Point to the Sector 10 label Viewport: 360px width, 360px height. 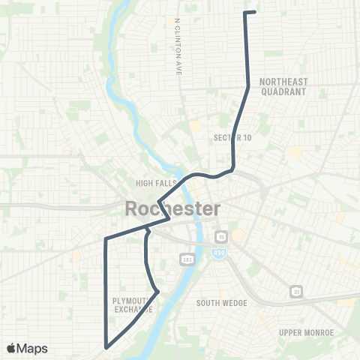click(x=232, y=137)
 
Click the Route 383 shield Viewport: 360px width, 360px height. click(x=186, y=259)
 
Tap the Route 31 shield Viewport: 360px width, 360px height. click(x=296, y=291)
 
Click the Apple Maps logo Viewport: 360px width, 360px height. click(x=28, y=348)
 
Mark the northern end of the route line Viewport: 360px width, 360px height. click(x=256, y=12)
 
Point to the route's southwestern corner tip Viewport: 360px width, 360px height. click(x=106, y=347)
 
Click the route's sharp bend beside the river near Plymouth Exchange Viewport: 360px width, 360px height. click(x=157, y=291)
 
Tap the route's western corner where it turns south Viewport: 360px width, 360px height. click(x=106, y=240)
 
